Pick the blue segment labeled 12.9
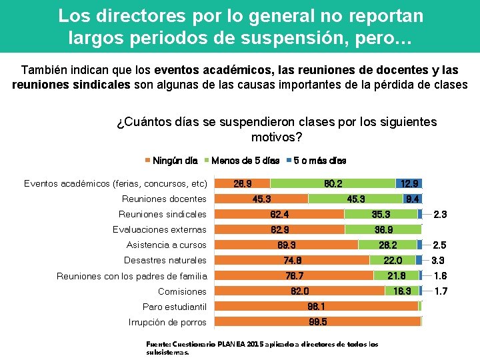coord(409,183)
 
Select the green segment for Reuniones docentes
coord(355,199)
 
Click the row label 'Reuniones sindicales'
coord(162,214)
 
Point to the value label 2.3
coord(440,214)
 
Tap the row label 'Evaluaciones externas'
coord(159,229)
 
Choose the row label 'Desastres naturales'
coord(165,260)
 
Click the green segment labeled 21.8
coord(396,276)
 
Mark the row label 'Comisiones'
coord(182,291)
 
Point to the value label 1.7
coord(440,291)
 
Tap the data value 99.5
coord(318,322)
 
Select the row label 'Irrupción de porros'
coord(167,322)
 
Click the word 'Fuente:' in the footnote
coord(159,345)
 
